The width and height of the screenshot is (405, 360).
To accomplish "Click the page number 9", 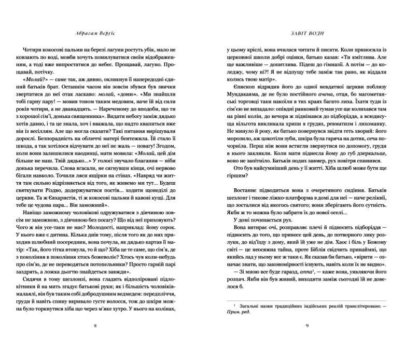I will tap(308, 340).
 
